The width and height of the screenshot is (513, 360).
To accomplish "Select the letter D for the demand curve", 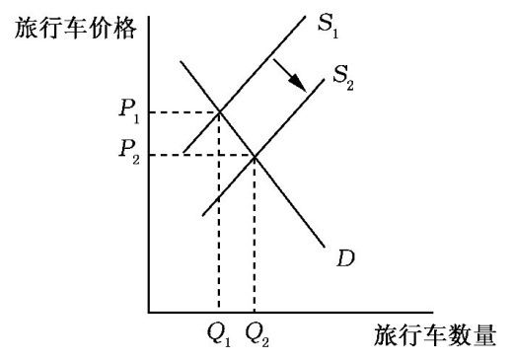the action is tap(345, 259).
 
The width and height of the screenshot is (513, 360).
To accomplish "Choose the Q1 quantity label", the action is tap(219, 335).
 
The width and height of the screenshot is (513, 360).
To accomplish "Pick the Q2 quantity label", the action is tap(257, 335).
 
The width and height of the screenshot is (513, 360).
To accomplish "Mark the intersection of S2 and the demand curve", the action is tap(255, 155).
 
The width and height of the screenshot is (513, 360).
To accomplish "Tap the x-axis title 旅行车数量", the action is tap(434, 335).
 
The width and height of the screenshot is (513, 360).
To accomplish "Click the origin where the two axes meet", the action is tap(148, 313).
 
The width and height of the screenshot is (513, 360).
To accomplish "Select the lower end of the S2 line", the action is tap(203, 214).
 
